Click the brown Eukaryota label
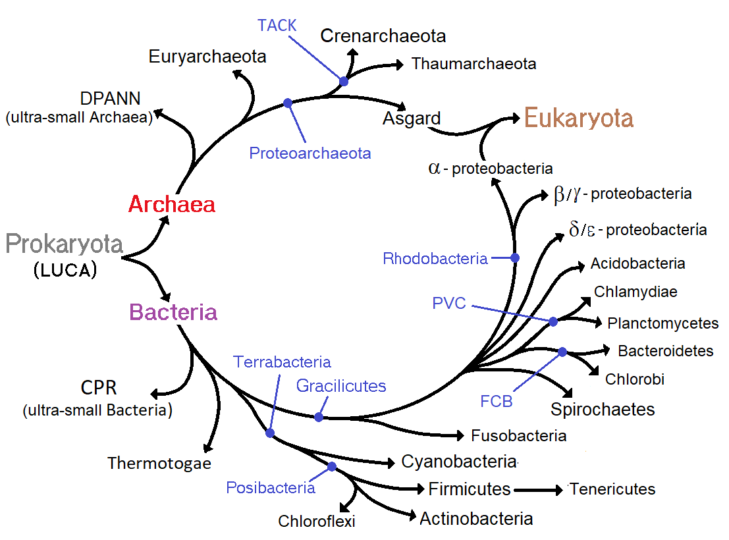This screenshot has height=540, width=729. coord(578,119)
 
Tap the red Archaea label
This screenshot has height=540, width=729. coord(171,204)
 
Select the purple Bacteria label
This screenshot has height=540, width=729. coord(173,311)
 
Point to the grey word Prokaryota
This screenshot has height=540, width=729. coord(65,244)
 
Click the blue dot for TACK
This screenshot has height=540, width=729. coord(343,82)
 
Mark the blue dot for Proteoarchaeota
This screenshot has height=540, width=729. coord(287,103)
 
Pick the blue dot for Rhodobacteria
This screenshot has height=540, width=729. coord(515,257)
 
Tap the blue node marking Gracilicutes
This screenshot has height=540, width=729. coord(319,417)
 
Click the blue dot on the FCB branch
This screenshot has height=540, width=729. coord(562,352)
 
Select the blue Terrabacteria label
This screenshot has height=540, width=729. coord(282,362)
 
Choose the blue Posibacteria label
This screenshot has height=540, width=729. coord(270,488)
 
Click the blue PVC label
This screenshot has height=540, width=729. coord(449,304)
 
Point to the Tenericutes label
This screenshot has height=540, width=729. coord(612,489)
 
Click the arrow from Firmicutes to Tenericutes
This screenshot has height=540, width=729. coord(539,489)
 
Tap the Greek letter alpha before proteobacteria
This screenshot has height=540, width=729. coord(433,168)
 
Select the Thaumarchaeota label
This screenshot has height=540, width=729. coord(473,64)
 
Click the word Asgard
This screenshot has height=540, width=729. coord(412,119)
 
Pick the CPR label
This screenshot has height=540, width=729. coord(99,387)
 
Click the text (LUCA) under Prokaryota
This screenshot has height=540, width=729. coord(65,271)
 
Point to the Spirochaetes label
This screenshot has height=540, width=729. coord(603,410)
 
